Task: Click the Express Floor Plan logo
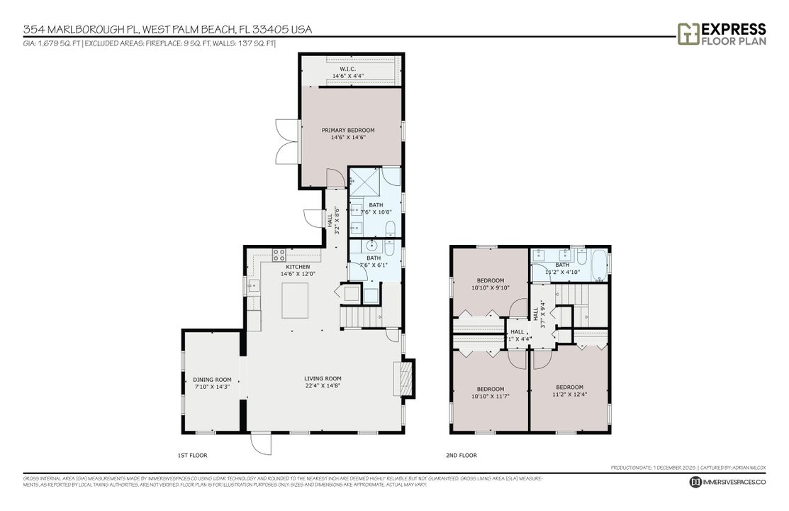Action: (x=722, y=33)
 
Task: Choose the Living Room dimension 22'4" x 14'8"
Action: (x=323, y=386)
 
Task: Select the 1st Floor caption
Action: (x=192, y=455)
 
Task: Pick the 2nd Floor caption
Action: (x=462, y=455)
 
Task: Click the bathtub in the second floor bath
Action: (x=599, y=265)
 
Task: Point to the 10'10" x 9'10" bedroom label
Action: (x=490, y=284)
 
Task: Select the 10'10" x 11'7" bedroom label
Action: (x=490, y=392)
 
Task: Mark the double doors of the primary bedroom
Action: (x=288, y=141)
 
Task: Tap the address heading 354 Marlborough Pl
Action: (x=167, y=30)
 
